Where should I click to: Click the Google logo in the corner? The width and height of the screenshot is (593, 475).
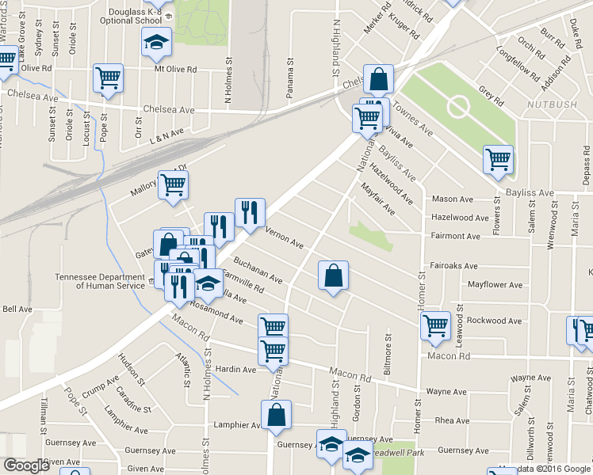(x=25, y=465)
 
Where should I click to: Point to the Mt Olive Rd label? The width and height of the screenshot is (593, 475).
(x=174, y=69)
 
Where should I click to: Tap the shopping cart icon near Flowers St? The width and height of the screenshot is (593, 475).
(x=498, y=159)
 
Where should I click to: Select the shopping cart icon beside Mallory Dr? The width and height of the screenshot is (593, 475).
(x=172, y=184)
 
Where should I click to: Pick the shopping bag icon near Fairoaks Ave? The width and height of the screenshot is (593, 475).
(x=334, y=275)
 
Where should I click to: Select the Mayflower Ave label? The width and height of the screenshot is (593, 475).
(x=495, y=284)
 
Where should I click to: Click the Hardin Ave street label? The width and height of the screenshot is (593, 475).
(x=236, y=369)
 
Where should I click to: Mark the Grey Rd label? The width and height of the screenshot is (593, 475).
(x=492, y=96)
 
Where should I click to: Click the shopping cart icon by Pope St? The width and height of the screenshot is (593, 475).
(x=108, y=78)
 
